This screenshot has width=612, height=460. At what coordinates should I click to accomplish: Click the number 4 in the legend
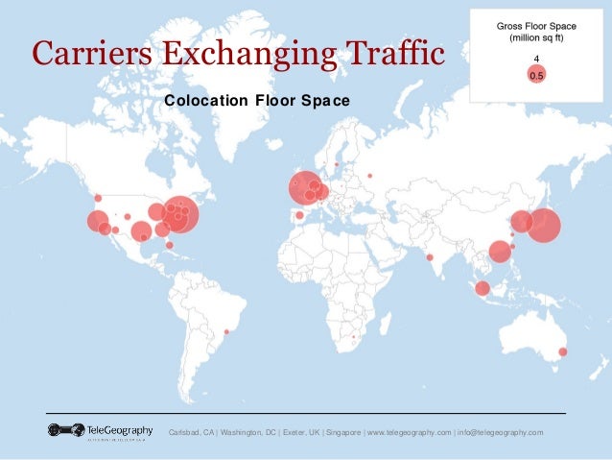point(536,59)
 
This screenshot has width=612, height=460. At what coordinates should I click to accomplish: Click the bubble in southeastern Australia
point(562,351)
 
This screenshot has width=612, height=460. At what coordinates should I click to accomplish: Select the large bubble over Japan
point(543,226)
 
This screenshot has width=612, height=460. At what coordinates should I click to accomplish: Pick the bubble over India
point(430,256)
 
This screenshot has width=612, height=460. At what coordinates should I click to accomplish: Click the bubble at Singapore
point(483,288)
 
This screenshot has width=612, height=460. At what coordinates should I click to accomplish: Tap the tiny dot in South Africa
point(354,338)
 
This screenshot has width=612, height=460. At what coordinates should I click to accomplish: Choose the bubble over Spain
point(299,215)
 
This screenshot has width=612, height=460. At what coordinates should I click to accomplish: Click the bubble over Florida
point(170,245)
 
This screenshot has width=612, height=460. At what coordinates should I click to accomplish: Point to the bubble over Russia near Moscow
point(369,175)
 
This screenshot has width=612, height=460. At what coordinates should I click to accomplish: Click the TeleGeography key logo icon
point(66,430)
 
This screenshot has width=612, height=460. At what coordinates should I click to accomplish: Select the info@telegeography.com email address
point(500,432)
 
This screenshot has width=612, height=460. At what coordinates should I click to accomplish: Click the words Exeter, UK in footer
point(294,432)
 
